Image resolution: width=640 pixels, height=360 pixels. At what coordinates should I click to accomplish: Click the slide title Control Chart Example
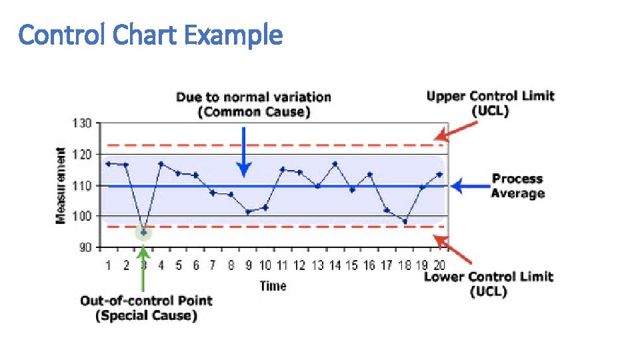pyautogui.click(x=151, y=34)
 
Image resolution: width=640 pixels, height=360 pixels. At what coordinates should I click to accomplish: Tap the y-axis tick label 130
pyautogui.click(x=83, y=124)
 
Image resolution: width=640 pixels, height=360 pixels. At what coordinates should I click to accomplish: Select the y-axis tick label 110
pyautogui.click(x=83, y=186)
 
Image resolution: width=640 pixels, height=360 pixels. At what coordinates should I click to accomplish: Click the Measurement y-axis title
pyautogui.click(x=61, y=186)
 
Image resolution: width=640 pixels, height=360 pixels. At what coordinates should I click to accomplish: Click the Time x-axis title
pyautogui.click(x=273, y=286)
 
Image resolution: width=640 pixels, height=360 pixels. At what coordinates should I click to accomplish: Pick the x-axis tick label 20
pyautogui.click(x=439, y=265)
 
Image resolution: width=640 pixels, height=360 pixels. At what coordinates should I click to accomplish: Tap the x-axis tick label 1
pyautogui.click(x=108, y=265)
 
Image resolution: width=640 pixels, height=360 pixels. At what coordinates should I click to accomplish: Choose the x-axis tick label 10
pyautogui.click(x=265, y=265)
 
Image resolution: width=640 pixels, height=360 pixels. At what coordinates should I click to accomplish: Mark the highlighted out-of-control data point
pyautogui.click(x=143, y=232)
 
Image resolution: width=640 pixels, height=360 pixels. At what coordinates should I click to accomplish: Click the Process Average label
pyautogui.click(x=517, y=186)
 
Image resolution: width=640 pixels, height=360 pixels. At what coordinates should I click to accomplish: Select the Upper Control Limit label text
pyautogui.click(x=490, y=103)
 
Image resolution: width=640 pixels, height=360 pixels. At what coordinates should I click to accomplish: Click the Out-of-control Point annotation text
pyautogui.click(x=146, y=308)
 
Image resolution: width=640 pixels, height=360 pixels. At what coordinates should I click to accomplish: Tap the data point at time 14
pyautogui.click(x=335, y=163)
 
